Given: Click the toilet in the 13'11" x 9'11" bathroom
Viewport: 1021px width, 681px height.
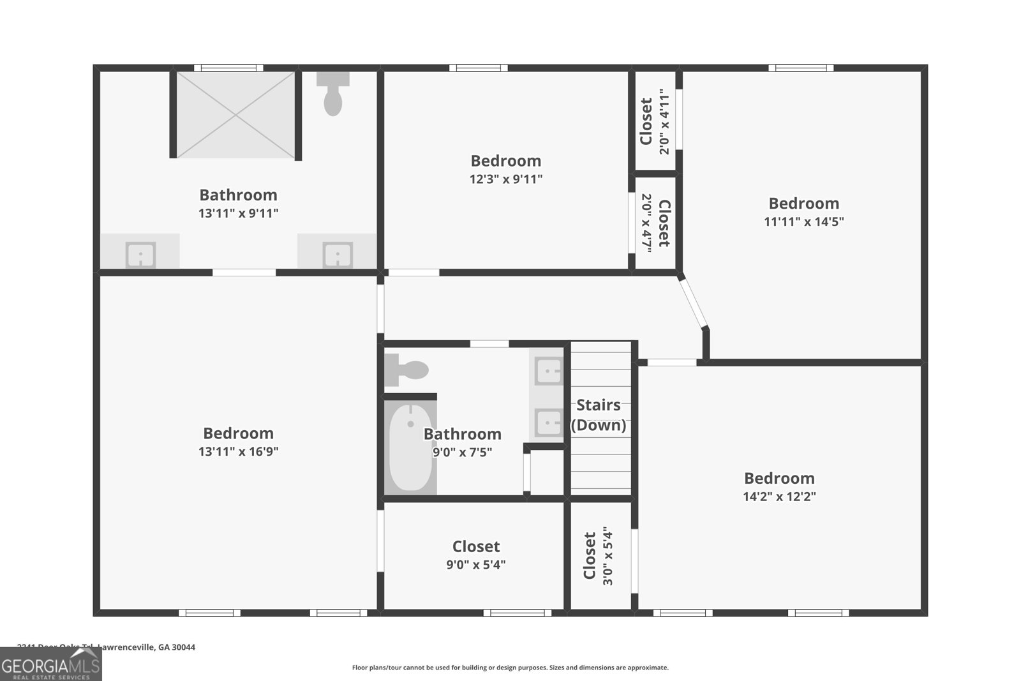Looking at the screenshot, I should [x=332, y=95].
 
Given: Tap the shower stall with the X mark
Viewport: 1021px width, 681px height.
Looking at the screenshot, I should [x=235, y=115].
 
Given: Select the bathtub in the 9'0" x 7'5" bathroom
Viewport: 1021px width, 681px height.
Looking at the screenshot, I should [x=410, y=447].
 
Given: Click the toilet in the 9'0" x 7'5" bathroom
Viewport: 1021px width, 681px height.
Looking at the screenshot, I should [x=408, y=370].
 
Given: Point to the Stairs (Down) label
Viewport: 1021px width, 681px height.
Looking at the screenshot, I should [x=598, y=415].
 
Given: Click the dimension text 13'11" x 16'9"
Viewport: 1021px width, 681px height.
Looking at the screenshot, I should [x=238, y=452].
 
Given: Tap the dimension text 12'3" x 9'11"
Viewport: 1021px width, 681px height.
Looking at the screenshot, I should [x=506, y=179].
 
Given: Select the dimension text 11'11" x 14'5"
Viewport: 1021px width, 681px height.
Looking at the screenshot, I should [x=803, y=222].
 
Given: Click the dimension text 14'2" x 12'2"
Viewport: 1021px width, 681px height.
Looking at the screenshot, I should [x=779, y=497].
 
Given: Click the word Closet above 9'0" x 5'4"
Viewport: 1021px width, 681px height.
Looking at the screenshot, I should [x=476, y=546].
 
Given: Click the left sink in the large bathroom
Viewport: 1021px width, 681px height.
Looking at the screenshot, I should [x=140, y=253].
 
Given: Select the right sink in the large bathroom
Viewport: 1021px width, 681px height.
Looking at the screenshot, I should [x=336, y=253].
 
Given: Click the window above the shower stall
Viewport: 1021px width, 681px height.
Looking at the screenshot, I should [x=228, y=68].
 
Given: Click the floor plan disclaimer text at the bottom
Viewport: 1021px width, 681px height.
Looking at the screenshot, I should [x=510, y=668].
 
